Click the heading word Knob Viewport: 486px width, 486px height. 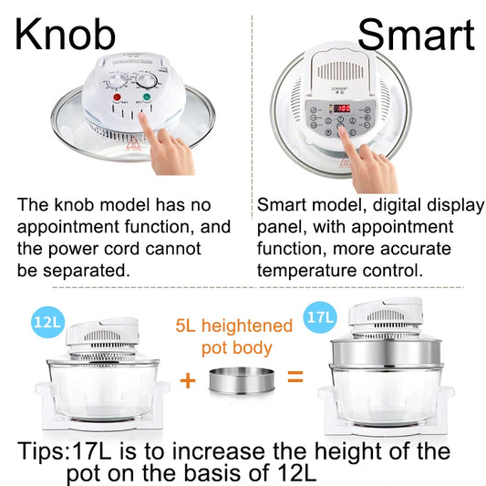tap(66, 34)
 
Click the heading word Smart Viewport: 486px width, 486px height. tap(416, 34)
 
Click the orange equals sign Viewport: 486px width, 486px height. tap(295, 375)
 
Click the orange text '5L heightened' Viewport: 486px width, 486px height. tap(234, 326)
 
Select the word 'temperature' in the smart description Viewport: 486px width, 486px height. tap(305, 270)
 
